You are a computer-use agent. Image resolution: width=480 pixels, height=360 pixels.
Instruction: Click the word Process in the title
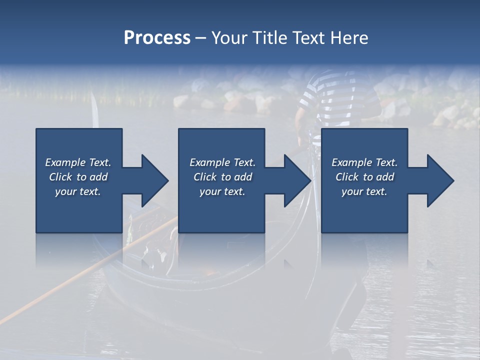click(157, 38)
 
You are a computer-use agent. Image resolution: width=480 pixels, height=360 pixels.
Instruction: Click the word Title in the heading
click(268, 38)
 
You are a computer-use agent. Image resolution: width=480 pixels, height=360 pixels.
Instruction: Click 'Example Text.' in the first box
click(78, 162)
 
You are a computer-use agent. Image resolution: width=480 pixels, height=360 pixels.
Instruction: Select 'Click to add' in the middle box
click(222, 177)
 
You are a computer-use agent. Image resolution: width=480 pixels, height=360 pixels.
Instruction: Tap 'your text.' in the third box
click(364, 191)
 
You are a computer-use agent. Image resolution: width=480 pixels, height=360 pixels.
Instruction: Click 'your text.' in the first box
click(78, 191)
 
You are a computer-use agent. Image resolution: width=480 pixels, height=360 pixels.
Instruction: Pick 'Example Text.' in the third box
click(364, 162)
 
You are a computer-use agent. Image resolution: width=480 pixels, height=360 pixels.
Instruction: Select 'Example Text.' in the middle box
click(222, 162)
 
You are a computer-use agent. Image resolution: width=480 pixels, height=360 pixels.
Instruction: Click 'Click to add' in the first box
click(78, 177)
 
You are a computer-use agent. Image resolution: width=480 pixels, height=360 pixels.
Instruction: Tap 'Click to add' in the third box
click(364, 177)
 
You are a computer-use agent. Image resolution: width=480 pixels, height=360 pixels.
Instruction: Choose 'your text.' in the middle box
click(222, 191)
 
